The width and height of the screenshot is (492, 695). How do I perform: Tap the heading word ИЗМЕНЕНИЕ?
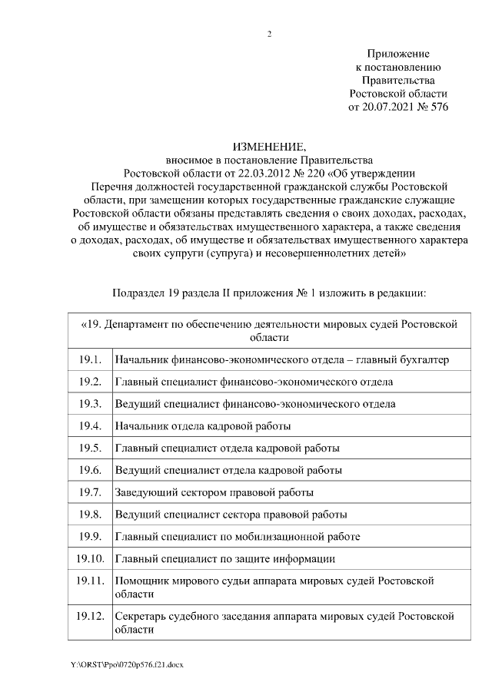pyautogui.click(x=268, y=147)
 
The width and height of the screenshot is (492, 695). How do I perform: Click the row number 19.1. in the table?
pyautogui.click(x=90, y=359)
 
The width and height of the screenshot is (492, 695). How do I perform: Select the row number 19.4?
pyautogui.click(x=90, y=425)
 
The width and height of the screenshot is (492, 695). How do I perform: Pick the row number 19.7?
pyautogui.click(x=90, y=491)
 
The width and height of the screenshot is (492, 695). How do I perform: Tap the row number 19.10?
pyautogui.click(x=90, y=558)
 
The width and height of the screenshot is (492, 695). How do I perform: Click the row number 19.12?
pyautogui.click(x=90, y=616)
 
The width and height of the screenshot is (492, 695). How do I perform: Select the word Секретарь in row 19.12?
pyautogui.click(x=141, y=616)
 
